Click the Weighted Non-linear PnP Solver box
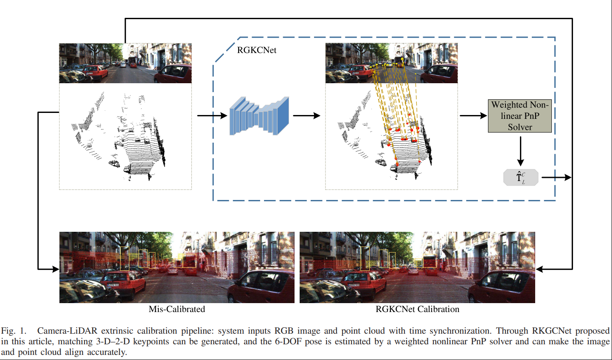(519, 116)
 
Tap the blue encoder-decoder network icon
(259, 116)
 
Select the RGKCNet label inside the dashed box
(256, 50)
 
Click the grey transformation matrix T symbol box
(520, 177)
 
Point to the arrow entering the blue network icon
(212, 115)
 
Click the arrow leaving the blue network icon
(306, 115)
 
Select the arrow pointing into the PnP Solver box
(473, 115)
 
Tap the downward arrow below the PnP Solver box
(520, 150)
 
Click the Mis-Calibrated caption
(177, 309)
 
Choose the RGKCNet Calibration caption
(417, 309)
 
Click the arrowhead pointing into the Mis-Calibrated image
(55, 269)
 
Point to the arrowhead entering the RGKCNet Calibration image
(540, 269)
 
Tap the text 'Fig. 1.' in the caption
(14, 331)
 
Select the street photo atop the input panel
(125, 63)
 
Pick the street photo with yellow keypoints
(391, 63)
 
